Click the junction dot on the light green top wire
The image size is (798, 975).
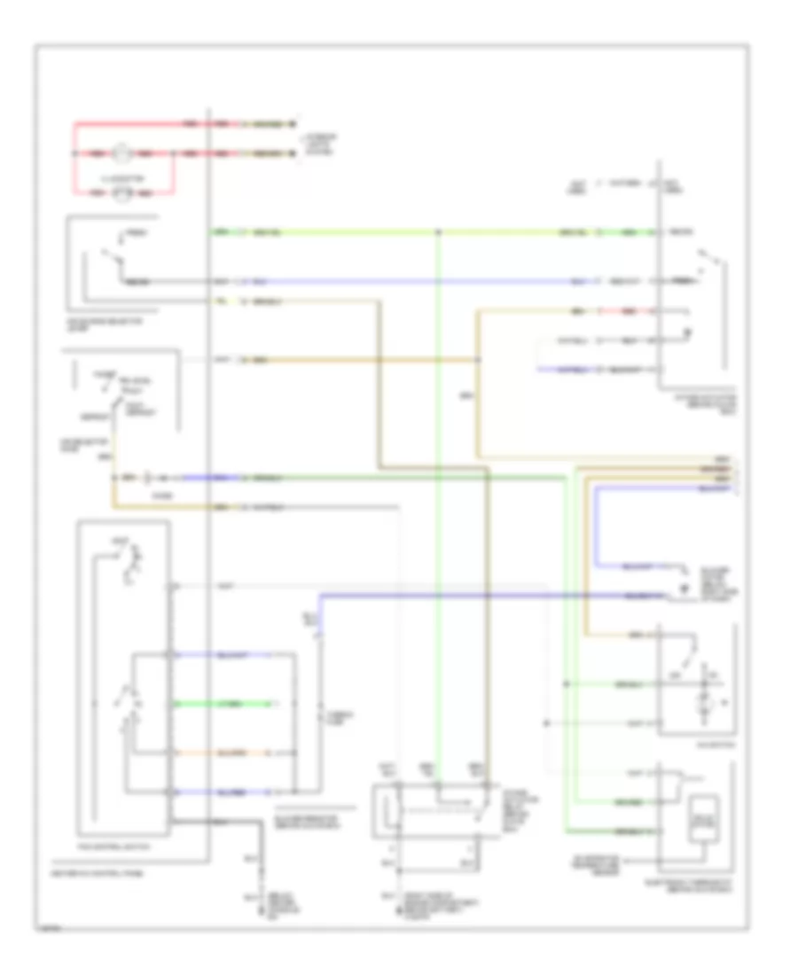[439, 233]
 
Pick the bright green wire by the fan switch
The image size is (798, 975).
[235, 705]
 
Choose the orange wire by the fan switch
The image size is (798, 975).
[235, 753]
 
